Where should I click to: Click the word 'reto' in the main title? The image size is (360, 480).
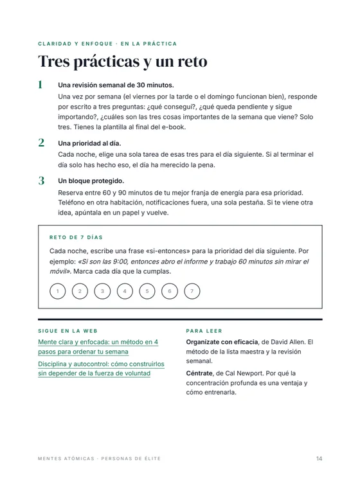pos(192,61)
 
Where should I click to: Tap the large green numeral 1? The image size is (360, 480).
pos(40,84)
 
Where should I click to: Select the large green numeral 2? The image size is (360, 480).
pos(41,143)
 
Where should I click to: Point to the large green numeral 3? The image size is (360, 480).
pos(41,181)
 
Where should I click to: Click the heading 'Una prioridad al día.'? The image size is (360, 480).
pos(89,143)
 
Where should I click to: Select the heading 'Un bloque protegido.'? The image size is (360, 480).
pos(91,181)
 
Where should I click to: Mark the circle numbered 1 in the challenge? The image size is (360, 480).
pos(58,291)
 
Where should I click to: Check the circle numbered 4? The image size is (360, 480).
pos(125,291)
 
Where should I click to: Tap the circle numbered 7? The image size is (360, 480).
pos(192,291)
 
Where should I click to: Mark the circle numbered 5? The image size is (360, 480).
pos(147,291)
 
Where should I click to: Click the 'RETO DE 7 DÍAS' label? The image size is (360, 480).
pos(76,237)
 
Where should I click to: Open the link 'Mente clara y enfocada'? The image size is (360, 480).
pos(98,346)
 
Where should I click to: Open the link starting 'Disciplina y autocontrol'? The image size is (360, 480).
pos(101,369)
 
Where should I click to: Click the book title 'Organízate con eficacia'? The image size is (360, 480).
pos(222,342)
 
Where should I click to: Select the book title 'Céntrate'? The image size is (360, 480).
pos(199,373)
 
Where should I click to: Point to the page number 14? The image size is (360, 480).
pos(319,459)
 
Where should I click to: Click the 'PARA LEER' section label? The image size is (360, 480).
pos(204,331)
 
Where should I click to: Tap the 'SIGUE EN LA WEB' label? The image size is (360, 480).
pos(67,331)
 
